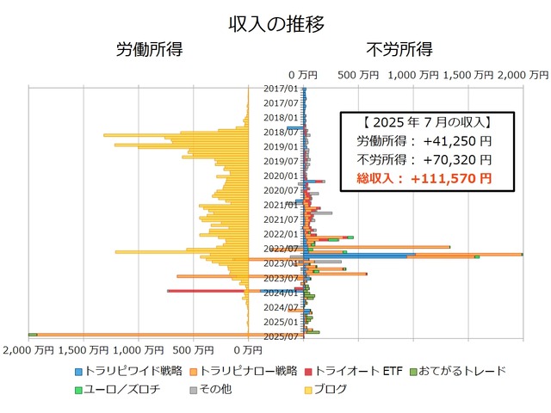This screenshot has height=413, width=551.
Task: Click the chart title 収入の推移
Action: (x=275, y=24)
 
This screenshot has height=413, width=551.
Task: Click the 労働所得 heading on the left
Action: (x=149, y=49)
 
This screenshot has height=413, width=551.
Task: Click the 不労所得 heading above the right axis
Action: (x=399, y=49)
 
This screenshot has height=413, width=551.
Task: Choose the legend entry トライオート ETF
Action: (x=359, y=371)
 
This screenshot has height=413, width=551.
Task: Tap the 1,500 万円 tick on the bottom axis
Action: (x=84, y=350)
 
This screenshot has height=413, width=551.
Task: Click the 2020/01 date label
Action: (x=281, y=176)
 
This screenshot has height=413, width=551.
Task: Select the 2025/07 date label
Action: (x=281, y=336)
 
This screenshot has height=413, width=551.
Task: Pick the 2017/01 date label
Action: (x=281, y=88)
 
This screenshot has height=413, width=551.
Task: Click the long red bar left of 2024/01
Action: (x=207, y=291)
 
